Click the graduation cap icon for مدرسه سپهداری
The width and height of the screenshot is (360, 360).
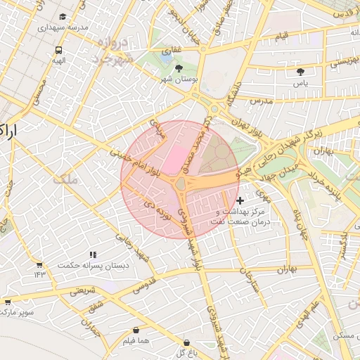[63, 15]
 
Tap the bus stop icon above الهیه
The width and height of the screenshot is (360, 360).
[58, 50]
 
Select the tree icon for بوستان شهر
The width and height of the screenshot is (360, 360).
[179, 68]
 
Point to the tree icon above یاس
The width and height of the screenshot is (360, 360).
[301, 71]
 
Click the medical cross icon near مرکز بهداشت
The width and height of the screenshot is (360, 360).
[240, 200]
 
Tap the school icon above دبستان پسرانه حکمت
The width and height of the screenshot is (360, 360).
[92, 255]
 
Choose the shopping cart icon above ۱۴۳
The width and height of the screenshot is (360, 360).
[39, 264]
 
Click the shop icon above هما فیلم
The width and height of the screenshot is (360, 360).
[136, 330]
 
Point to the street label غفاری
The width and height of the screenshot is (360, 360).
[172, 51]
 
